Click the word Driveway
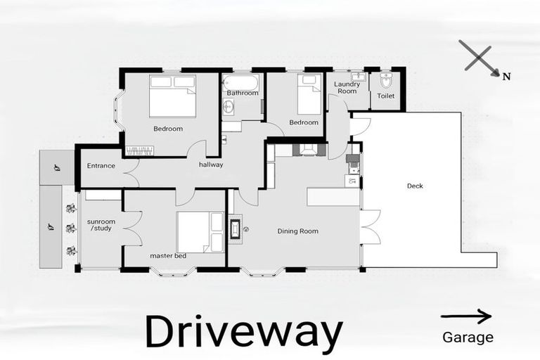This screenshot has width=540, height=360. coord(243,332)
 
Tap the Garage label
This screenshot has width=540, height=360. coord(468,337)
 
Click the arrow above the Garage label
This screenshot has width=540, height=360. coord(465,316)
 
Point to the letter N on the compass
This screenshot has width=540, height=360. coord(506,77)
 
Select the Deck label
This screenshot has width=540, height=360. coord(416,186)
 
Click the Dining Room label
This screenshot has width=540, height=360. coord(297,231)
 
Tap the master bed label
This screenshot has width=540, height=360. coord(168,256)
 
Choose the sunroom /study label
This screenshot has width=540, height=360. coord(101,225)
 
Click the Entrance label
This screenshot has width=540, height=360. coord(101,166)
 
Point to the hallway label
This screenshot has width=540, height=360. coord(211,165)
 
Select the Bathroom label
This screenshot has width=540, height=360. coord(242,93)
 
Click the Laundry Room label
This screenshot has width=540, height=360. coord(347,88)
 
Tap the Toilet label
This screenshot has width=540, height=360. coord(386,96)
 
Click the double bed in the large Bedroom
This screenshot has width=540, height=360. coord(172,96)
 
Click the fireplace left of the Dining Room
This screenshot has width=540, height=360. coord(235,228)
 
